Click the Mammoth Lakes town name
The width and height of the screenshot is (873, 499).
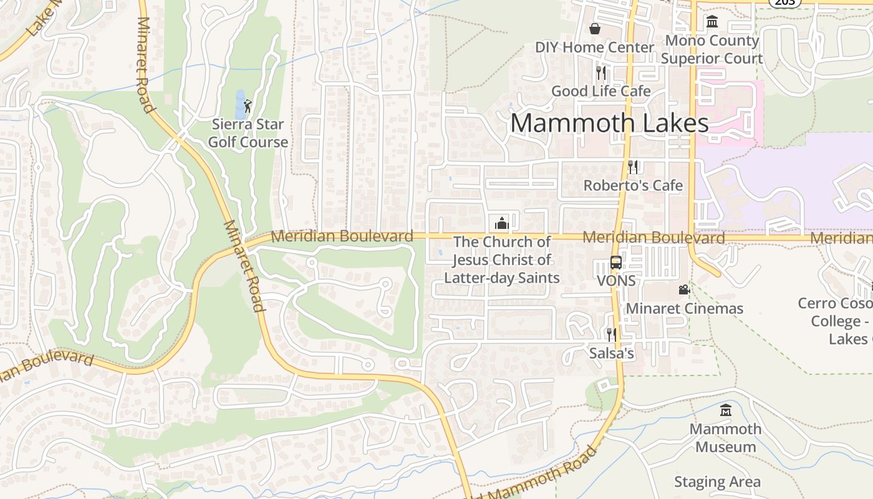pos(609,123)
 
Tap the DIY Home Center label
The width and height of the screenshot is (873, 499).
pos(594,47)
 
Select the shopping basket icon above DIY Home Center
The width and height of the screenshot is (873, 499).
pos(595,29)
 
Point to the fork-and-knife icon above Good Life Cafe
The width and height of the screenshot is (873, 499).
pos(600,72)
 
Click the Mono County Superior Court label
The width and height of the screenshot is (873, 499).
pos(711,50)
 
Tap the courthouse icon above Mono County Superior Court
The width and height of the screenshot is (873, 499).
pos(711,22)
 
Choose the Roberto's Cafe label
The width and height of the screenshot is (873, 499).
pos(633,185)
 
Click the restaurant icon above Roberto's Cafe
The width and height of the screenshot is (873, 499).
pos(633,167)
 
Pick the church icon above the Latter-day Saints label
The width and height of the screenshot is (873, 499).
pos(501,223)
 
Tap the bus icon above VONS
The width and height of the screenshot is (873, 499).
pos(616,262)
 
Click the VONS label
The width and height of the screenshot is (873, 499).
pos(616,281)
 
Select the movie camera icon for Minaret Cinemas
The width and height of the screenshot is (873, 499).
pos(684,289)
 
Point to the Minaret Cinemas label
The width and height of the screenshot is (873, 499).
pos(684,308)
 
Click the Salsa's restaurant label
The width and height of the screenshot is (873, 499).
pos(612,354)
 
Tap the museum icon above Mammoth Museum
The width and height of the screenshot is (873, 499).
pos(725,410)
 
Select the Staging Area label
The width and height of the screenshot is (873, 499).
pos(717,482)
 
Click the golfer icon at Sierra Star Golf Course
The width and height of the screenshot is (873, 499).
pos(248,105)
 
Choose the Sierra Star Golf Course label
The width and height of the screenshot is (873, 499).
pos(248,133)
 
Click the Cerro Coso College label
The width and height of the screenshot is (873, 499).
pos(836,321)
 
